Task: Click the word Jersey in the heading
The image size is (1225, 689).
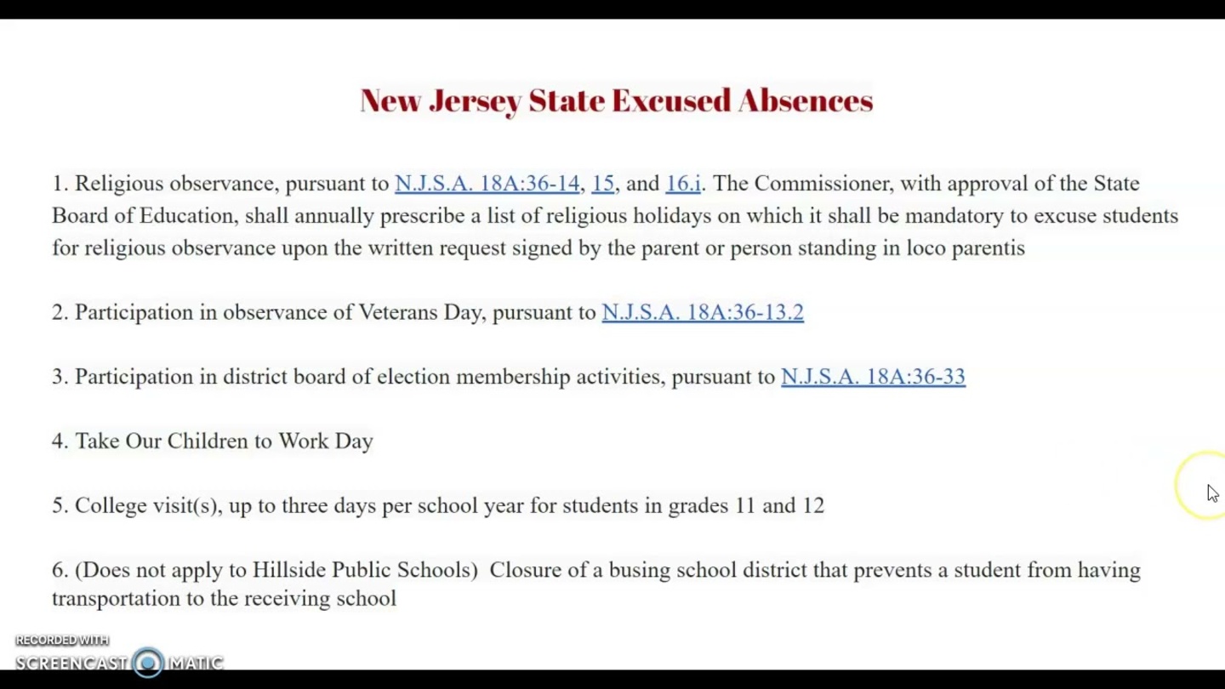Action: click(475, 101)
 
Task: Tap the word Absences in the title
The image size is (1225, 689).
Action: click(806, 100)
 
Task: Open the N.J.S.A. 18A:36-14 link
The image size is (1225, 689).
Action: click(487, 184)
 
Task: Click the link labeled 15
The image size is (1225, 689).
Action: click(602, 184)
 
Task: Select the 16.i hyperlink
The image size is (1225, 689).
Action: click(683, 184)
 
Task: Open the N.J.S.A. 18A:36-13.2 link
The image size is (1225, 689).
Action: click(703, 312)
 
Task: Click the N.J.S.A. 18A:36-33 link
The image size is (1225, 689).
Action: click(873, 377)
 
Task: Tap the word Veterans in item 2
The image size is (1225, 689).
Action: click(397, 312)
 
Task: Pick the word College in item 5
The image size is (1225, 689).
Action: click(111, 506)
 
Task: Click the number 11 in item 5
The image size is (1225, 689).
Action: click(745, 506)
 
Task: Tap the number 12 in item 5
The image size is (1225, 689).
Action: click(813, 506)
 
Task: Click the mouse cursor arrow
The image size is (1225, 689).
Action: click(1212, 493)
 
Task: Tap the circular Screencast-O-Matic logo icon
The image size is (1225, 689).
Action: click(148, 663)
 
